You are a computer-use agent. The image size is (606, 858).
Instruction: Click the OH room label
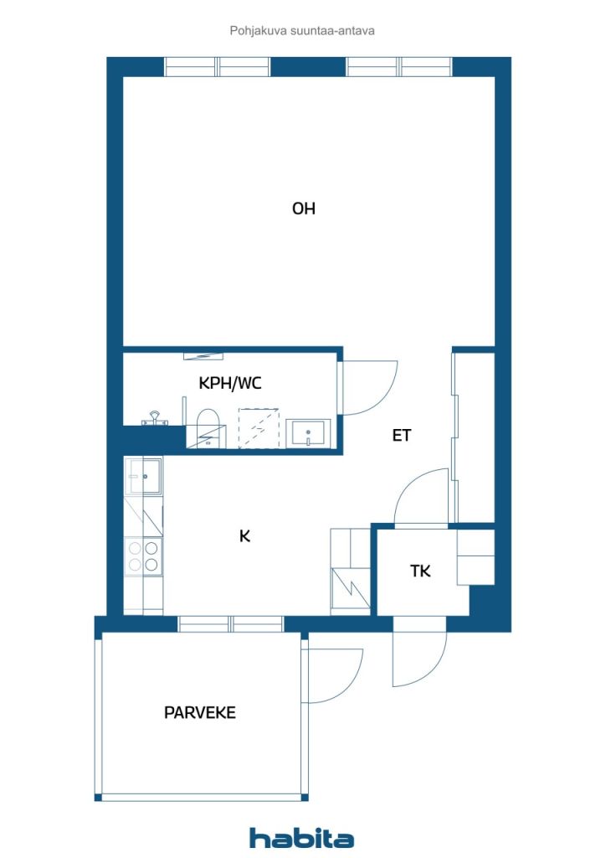pyautogui.click(x=303, y=209)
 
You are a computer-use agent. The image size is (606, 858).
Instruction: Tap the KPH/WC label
pyautogui.click(x=230, y=383)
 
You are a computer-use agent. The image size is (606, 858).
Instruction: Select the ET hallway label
pyautogui.click(x=402, y=436)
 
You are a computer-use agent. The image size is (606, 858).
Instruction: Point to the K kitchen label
pyautogui.click(x=244, y=536)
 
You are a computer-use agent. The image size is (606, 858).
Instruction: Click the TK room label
pyautogui.click(x=420, y=571)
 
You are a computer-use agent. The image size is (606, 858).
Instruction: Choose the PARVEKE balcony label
pyautogui.click(x=200, y=712)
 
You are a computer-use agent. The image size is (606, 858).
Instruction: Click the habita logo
pyautogui.click(x=301, y=838)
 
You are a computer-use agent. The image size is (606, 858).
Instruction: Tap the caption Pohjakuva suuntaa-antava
pyautogui.click(x=302, y=31)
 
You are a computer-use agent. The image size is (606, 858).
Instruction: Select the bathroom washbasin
pyautogui.click(x=308, y=433)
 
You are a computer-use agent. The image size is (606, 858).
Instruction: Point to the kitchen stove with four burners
pyautogui.click(x=143, y=556)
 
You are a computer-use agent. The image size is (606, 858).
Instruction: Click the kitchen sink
pyautogui.click(x=143, y=476)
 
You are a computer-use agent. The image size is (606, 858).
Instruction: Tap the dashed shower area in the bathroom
pyautogui.click(x=259, y=428)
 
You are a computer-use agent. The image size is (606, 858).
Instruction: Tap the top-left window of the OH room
pyautogui.click(x=218, y=67)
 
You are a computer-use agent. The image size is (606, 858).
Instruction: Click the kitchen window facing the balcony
pyautogui.click(x=231, y=623)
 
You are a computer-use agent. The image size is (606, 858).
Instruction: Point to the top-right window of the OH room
pyautogui.click(x=400, y=67)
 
